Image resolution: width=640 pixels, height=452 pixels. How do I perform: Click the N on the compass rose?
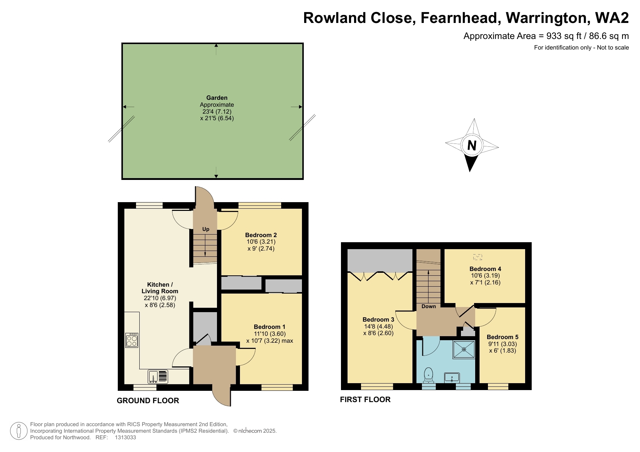pos(472,145)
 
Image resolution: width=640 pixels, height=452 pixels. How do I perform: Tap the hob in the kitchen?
pos(132,340)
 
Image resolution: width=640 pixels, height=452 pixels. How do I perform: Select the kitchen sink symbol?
pos(158,376)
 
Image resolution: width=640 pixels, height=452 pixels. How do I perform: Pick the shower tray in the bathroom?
pos(464,349)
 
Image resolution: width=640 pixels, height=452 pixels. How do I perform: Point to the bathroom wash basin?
pos(452,377)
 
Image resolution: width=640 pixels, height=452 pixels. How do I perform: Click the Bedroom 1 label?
pos(269,327)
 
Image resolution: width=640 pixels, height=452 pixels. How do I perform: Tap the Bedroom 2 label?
pos(261,235)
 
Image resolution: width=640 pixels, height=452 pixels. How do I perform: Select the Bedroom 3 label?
pos(378,319)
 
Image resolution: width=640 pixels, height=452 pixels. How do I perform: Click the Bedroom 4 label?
pos(485,269)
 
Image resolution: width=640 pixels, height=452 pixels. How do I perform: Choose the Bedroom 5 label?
pos(502,337)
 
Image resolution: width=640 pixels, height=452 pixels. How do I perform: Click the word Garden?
pos(217,98)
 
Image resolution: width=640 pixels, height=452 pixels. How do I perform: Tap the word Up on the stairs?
pos(206,229)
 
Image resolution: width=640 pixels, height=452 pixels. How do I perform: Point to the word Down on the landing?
pos(428,306)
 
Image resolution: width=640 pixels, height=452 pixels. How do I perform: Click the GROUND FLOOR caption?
pos(148,401)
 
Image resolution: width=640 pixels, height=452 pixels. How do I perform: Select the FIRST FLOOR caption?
pos(365,400)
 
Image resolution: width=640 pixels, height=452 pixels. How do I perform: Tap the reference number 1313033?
pos(125,437)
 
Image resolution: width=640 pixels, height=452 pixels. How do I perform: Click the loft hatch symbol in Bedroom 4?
pos(477,257)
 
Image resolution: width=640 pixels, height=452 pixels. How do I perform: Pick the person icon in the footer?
pos(19,431)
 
